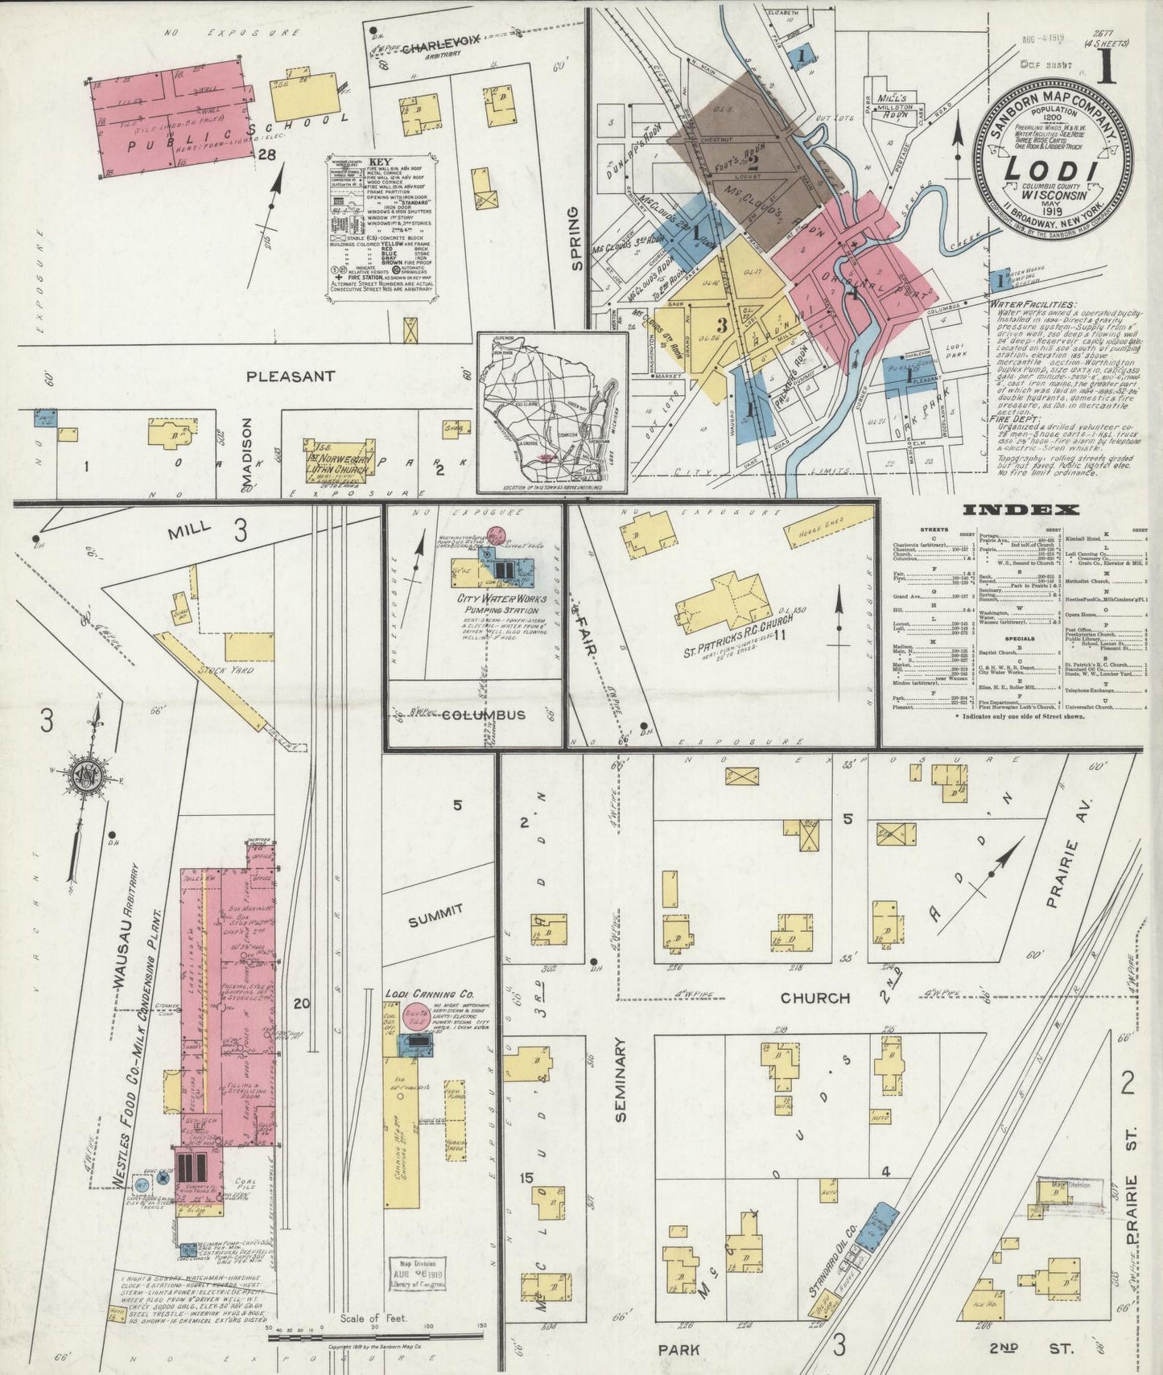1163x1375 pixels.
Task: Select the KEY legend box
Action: (387, 230)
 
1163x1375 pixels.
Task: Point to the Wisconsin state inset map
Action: (552, 411)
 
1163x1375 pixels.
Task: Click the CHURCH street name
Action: (815, 998)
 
